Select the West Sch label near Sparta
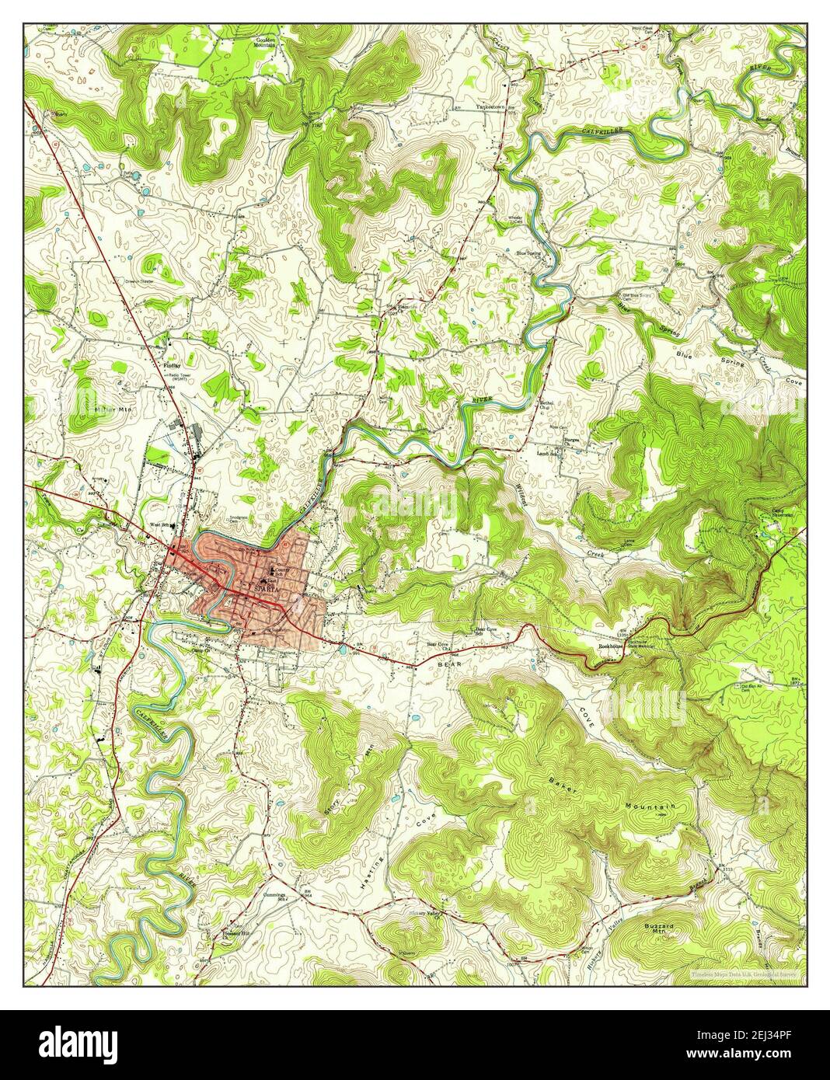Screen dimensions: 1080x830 (159, 525)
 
